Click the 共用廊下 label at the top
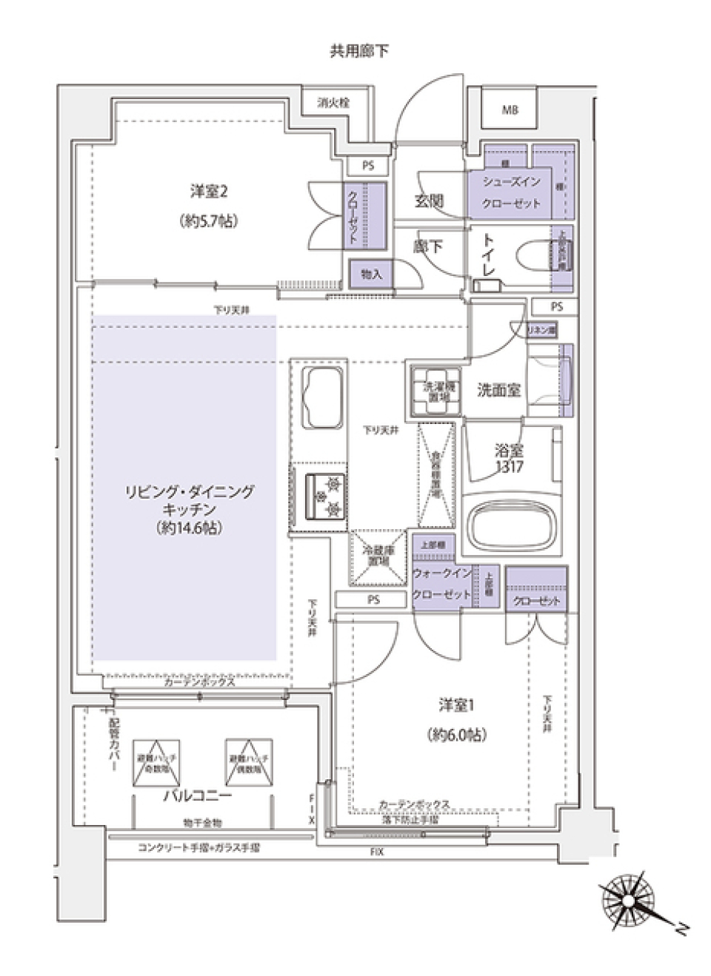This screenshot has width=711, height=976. point(358,51)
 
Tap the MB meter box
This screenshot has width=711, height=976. point(510,110)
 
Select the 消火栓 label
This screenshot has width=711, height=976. point(333,104)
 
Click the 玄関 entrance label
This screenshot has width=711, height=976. point(428,201)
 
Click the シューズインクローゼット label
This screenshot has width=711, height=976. point(511,192)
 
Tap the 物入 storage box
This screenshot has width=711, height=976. point(371,275)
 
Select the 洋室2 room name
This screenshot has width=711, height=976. point(208,192)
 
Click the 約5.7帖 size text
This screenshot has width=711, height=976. point(208,221)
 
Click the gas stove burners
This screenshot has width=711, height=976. point(326,497)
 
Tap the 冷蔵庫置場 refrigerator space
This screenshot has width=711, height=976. point(378,556)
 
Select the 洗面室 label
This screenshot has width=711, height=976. point(498,390)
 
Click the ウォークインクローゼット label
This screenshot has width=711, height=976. point(442,584)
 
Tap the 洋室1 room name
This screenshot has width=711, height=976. point(455,705)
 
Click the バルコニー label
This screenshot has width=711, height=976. point(197,796)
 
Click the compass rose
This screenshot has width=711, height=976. point(628,901)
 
